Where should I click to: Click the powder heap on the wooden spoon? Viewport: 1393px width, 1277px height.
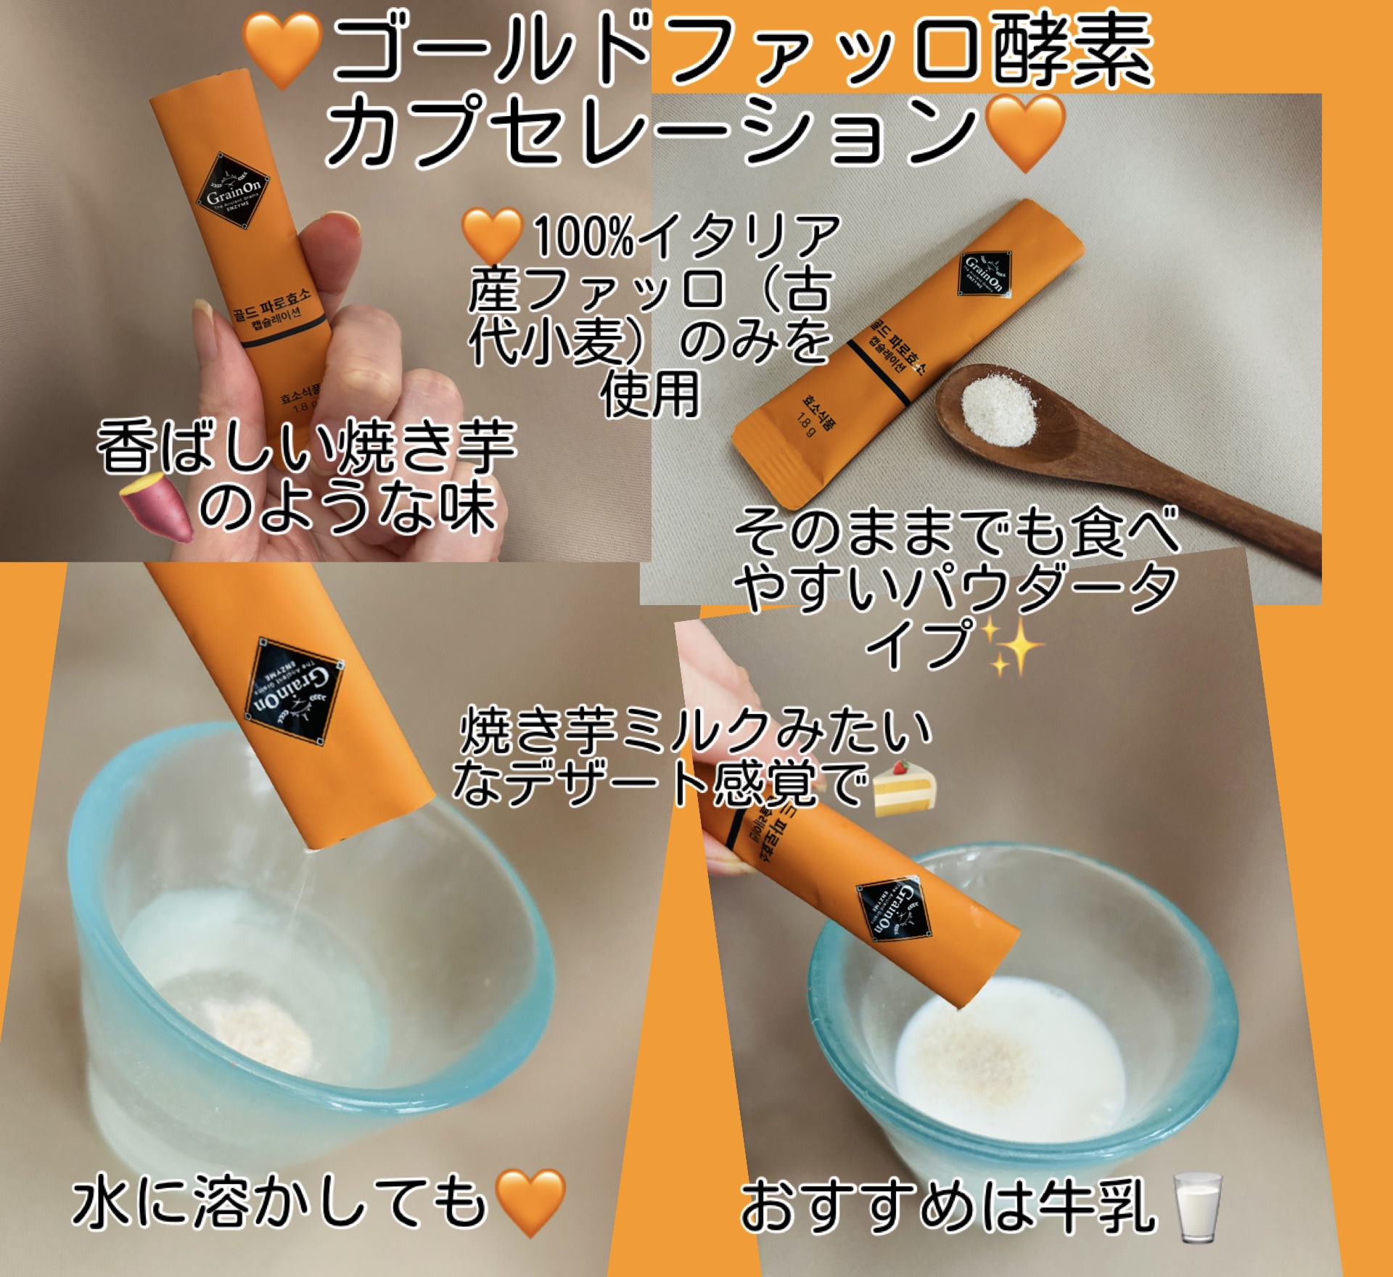tap(998, 410)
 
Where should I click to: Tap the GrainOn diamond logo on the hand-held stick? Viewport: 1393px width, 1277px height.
tap(234, 191)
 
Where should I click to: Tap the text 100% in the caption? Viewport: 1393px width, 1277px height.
tap(583, 236)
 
